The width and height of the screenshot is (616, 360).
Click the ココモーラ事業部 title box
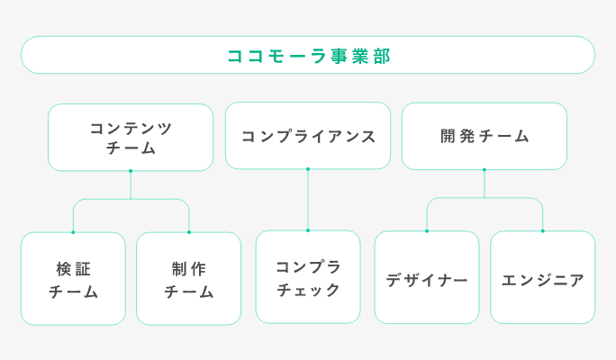[308, 55]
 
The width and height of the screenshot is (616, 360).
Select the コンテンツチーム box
[131, 137]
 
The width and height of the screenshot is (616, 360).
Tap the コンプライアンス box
[308, 136]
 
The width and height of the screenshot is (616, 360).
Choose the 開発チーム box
[485, 136]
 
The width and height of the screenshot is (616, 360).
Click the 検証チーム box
[73, 278]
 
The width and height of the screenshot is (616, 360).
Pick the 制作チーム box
[189, 278]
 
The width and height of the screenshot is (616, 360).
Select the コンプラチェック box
[308, 277]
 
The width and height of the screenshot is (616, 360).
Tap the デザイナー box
[427, 277]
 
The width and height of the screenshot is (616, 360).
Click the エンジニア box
[542, 277]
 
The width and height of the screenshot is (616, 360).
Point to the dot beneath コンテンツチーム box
[131, 170]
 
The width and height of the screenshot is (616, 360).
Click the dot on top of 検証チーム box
[73, 232]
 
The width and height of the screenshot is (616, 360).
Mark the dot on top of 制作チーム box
[189, 232]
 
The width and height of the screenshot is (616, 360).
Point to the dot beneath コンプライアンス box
[308, 168]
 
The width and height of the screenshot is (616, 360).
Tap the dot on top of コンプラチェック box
[308, 230]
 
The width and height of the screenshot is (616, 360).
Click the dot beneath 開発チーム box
[485, 169]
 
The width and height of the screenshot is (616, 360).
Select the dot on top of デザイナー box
[427, 230]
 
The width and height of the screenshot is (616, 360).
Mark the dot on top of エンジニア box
[542, 230]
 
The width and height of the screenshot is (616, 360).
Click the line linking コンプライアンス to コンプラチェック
[308, 200]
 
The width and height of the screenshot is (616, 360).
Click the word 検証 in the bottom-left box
[73, 267]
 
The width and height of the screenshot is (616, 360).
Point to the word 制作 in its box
[189, 267]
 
